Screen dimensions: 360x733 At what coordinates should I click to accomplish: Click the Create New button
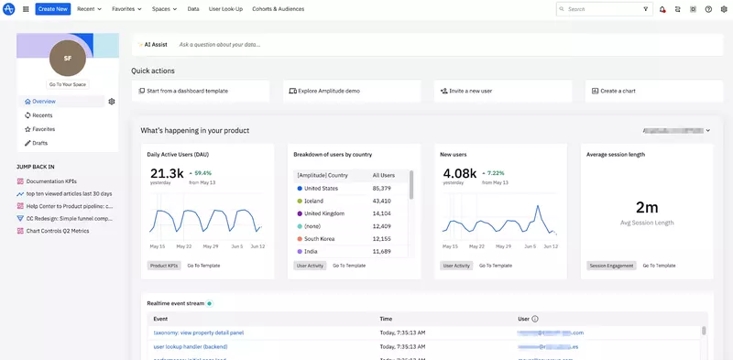53,8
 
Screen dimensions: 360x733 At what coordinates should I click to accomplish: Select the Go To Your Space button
68,84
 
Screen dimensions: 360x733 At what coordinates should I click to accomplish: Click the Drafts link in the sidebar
39,143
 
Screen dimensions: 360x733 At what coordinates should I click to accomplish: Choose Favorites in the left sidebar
43,129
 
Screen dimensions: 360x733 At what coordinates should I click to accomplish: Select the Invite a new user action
473,91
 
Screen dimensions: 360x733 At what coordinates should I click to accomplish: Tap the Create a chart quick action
619,91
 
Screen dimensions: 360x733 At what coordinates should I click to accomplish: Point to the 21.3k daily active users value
167,173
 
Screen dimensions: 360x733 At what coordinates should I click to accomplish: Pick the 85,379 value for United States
382,188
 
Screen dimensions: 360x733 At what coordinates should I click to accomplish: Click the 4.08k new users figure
459,173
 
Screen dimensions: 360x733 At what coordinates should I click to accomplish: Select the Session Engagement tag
611,266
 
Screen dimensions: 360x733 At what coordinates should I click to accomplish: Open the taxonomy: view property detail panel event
198,333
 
